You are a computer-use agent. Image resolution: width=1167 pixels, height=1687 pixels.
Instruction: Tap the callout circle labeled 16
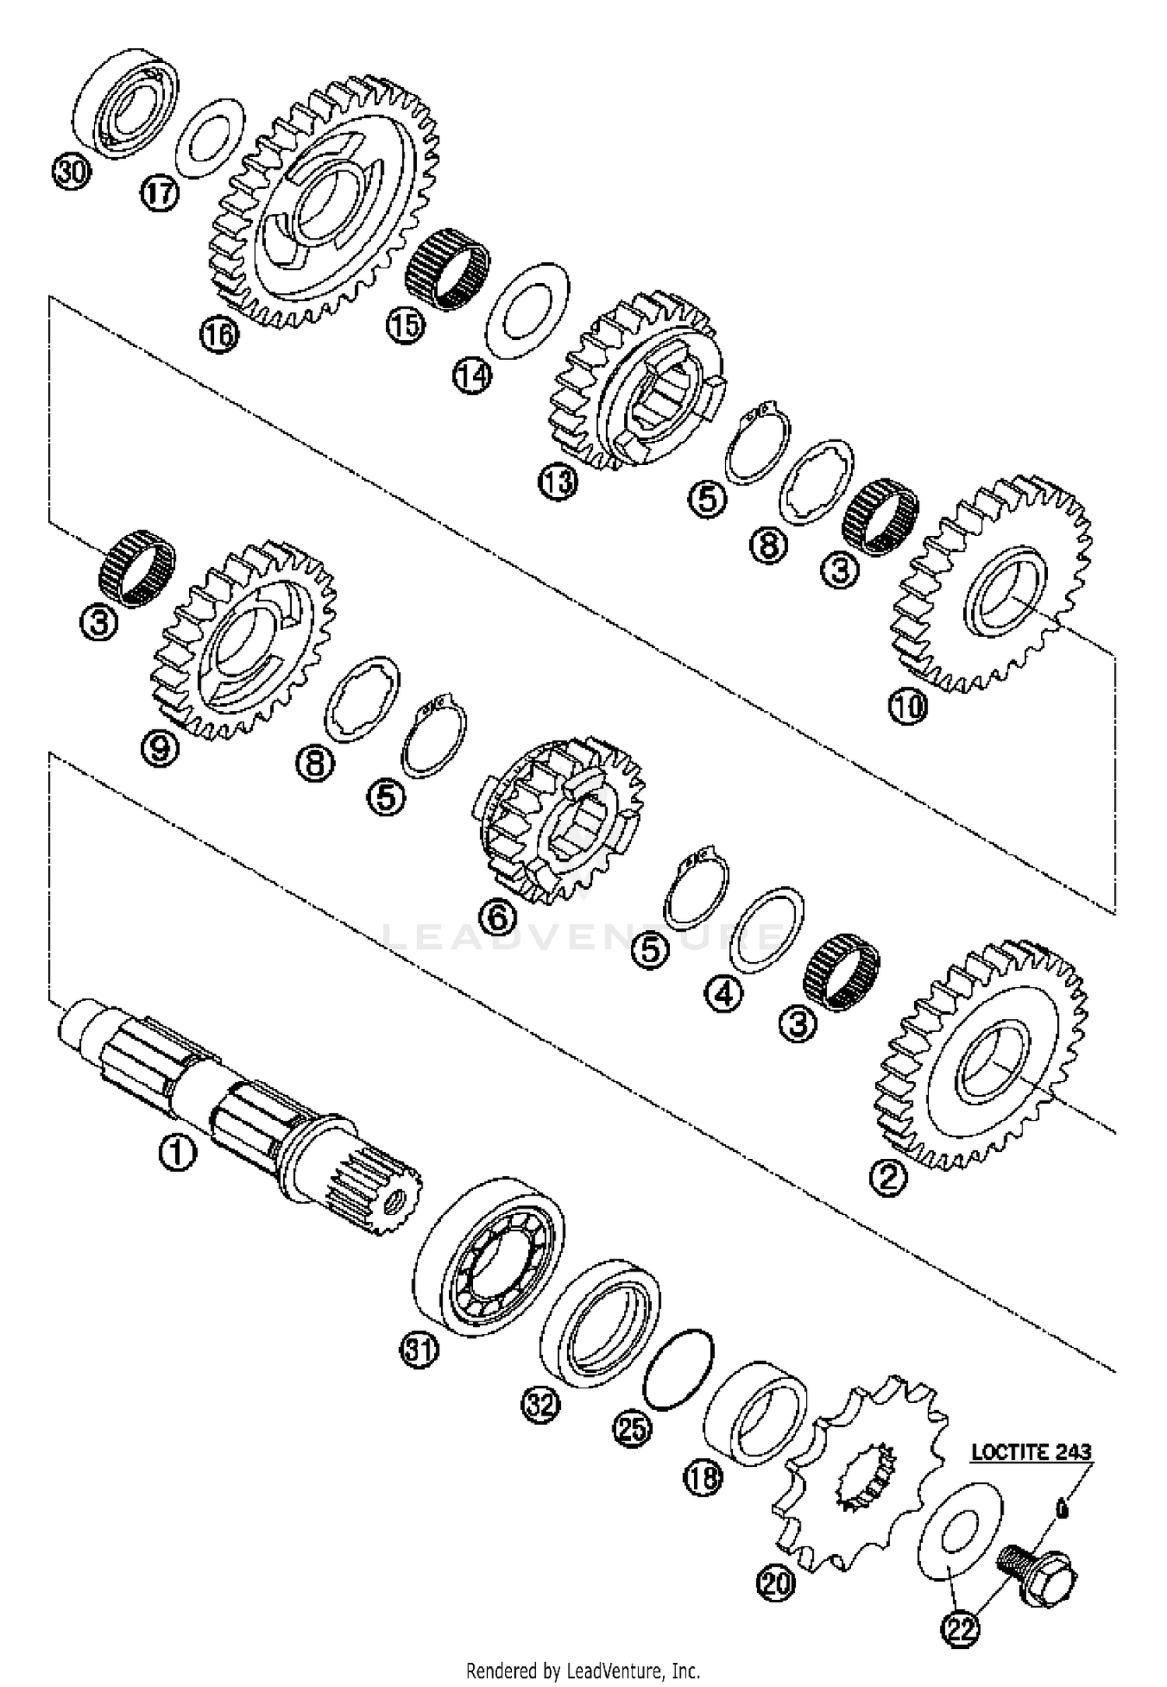[x=219, y=336]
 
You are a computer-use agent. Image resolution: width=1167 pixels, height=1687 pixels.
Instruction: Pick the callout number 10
[x=908, y=707]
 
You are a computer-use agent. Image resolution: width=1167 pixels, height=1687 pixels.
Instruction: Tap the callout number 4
[x=724, y=993]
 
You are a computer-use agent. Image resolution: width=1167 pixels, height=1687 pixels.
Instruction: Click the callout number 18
[x=703, y=1477]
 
